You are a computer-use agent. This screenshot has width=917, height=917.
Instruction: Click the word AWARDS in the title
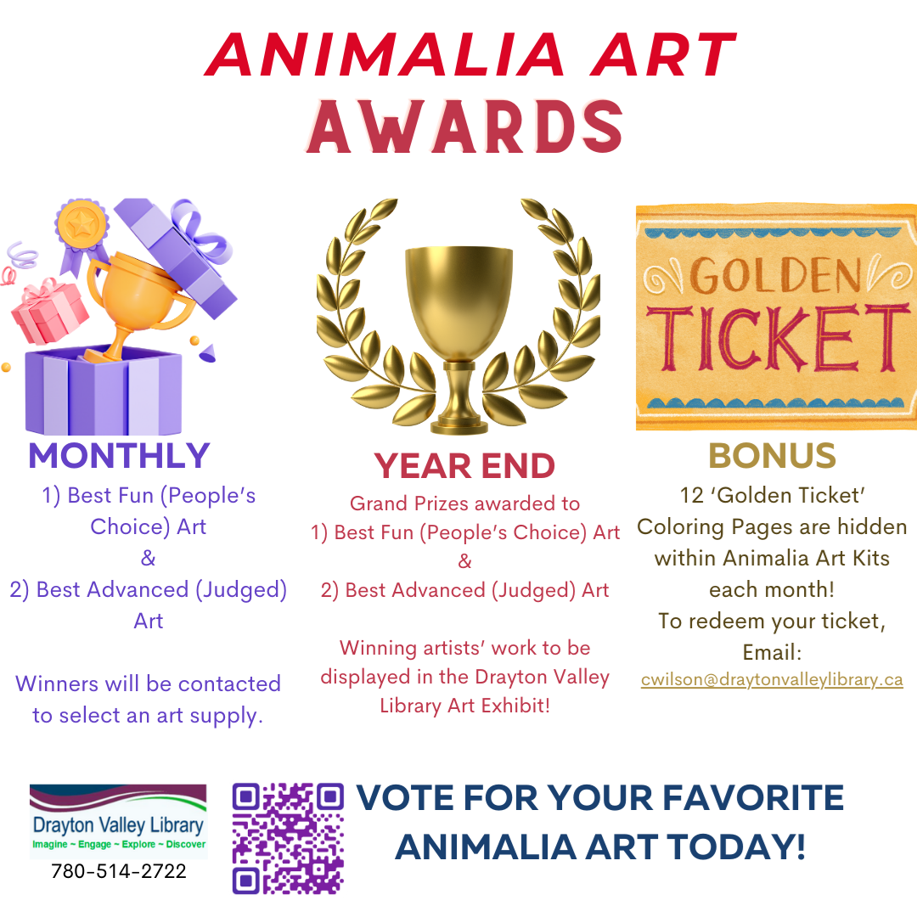tap(465, 127)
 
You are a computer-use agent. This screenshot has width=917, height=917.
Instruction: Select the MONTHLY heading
tap(120, 456)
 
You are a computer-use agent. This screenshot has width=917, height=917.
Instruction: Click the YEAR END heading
tap(464, 466)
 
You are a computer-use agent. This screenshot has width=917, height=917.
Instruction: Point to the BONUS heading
tap(772, 456)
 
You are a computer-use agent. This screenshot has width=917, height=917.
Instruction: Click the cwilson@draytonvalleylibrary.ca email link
tap(772, 679)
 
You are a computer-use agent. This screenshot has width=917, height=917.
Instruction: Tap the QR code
tap(288, 839)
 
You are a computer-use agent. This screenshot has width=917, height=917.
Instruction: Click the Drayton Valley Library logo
tap(119, 821)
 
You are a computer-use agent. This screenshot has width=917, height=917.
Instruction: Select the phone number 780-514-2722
tap(119, 871)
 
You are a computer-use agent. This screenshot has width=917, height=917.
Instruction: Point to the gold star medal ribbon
tap(82, 234)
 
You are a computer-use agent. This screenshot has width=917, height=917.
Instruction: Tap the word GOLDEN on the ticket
tap(775, 275)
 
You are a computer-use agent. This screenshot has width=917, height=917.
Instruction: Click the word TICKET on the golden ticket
tap(779, 339)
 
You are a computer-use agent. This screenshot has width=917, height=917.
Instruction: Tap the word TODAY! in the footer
tap(736, 847)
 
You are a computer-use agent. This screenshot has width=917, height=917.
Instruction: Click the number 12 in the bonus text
tap(692, 495)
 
